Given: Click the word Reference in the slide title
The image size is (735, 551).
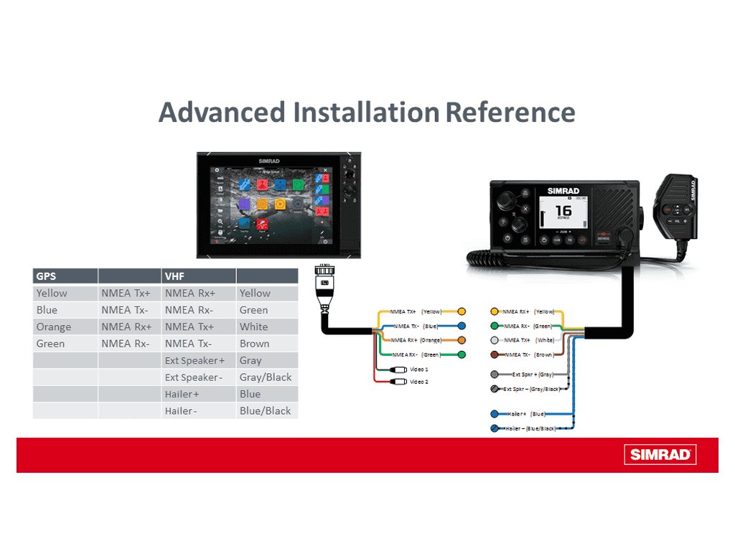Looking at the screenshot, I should pyautogui.click(x=510, y=113).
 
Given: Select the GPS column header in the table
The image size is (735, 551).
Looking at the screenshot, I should pyautogui.click(x=46, y=275).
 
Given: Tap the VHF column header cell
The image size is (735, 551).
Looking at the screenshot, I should pyautogui.click(x=174, y=275).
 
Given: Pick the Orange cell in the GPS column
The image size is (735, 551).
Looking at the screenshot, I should pyautogui.click(x=54, y=327).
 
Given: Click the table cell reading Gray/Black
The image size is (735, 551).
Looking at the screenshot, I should pyautogui.click(x=266, y=377).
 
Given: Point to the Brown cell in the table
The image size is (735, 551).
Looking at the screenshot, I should pyautogui.click(x=255, y=344).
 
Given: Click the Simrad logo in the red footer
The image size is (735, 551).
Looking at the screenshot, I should pyautogui.click(x=660, y=454).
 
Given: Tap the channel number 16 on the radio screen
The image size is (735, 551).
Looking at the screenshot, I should pyautogui.click(x=563, y=211).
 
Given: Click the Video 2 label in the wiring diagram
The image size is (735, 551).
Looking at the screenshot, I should pyautogui.click(x=418, y=382).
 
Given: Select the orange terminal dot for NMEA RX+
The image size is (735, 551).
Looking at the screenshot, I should pyautogui.click(x=462, y=340).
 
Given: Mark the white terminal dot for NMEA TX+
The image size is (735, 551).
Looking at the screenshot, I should pyautogui.click(x=494, y=340).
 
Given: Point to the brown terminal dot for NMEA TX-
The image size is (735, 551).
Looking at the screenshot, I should pyautogui.click(x=494, y=354).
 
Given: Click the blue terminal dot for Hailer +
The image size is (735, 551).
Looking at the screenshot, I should pyautogui.click(x=494, y=414).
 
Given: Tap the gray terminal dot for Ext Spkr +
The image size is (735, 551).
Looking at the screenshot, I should pyautogui.click(x=494, y=375).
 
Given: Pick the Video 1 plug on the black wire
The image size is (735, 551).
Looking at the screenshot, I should pyautogui.click(x=398, y=369).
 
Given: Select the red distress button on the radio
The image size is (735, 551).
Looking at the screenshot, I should pyautogui.click(x=603, y=237).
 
